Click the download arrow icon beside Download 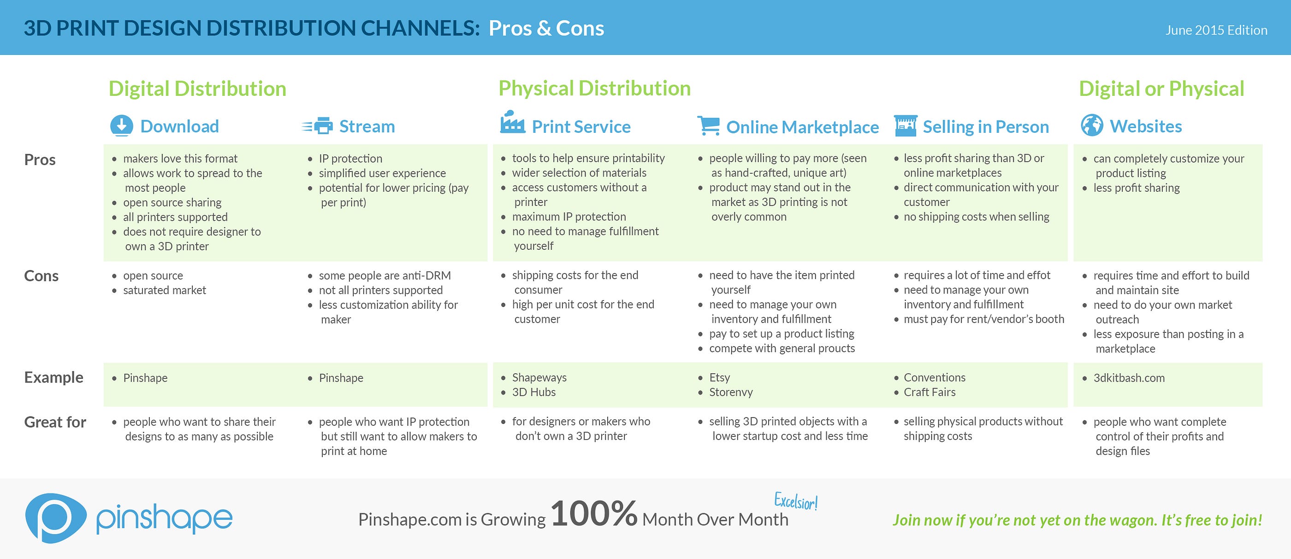[x=121, y=126]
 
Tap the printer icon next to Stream [x=317, y=126]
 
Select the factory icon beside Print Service [x=512, y=122]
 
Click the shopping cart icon [x=708, y=126]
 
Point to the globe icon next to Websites [x=1092, y=125]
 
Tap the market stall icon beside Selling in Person [x=905, y=126]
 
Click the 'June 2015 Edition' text [x=1216, y=30]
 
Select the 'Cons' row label [x=41, y=276]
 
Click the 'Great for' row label [x=55, y=422]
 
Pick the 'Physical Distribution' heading [x=594, y=88]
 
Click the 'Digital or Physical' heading [x=1161, y=88]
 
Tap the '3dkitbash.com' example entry [x=1129, y=378]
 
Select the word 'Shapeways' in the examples [x=539, y=378]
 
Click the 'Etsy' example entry [x=719, y=378]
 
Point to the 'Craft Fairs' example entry [x=929, y=392]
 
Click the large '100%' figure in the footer [x=594, y=513]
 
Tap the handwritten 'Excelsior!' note [x=796, y=501]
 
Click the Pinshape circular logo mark [x=56, y=518]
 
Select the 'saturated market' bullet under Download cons [x=165, y=290]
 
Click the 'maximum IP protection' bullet [x=569, y=217]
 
